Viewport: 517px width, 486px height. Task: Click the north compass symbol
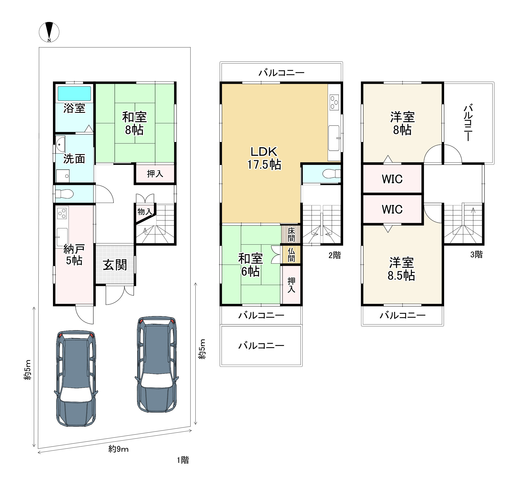click(x=49, y=32)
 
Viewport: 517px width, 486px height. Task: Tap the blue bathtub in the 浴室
click(x=74, y=93)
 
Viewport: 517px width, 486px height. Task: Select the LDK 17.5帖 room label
click(x=264, y=158)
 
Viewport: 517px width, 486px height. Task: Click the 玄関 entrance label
click(x=115, y=265)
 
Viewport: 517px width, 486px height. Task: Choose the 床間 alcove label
click(x=291, y=234)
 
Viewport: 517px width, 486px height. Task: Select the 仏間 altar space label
click(x=291, y=254)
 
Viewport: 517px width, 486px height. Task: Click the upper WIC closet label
click(x=392, y=179)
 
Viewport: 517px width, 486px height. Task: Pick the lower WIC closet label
click(x=392, y=209)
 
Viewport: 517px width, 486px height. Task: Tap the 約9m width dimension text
click(x=118, y=449)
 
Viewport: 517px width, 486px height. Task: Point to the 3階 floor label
click(x=476, y=254)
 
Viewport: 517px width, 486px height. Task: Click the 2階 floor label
click(x=334, y=255)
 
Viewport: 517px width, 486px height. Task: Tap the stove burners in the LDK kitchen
click(x=334, y=102)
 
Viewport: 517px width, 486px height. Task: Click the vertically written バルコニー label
click(x=468, y=123)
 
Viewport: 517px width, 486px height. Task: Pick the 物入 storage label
click(x=145, y=212)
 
